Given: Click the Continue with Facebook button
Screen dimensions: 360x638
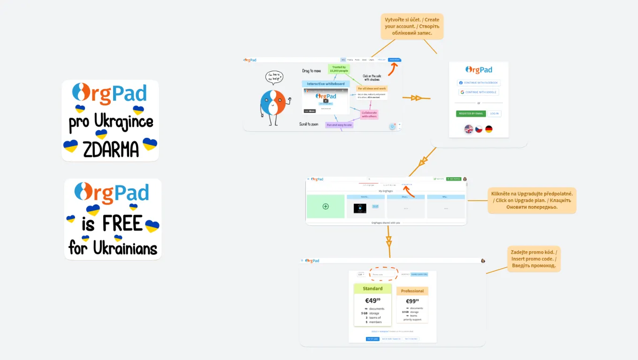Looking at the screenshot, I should pyautogui.click(x=478, y=82).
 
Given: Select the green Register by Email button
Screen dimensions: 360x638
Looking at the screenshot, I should pyautogui.click(x=471, y=113).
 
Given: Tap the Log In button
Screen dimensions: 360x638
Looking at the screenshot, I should pyautogui.click(x=494, y=113).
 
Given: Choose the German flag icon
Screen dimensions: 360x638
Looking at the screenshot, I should pyautogui.click(x=489, y=129).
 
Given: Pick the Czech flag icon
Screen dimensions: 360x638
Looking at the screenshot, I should pyautogui.click(x=478, y=129).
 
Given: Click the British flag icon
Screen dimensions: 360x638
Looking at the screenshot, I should pyautogui.click(x=468, y=129).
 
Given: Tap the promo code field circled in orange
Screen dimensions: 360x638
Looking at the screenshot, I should pyautogui.click(x=383, y=274).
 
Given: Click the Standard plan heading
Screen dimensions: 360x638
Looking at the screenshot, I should pyautogui.click(x=372, y=289).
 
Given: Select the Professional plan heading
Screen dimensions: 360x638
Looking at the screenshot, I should pyautogui.click(x=412, y=291).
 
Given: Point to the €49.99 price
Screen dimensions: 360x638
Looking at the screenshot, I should pyautogui.click(x=372, y=300).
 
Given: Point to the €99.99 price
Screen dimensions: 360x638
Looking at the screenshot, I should pyautogui.click(x=412, y=301).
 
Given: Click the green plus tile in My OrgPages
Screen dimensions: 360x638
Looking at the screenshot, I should pyautogui.click(x=326, y=206).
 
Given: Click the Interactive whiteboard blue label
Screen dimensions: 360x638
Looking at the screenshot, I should pyautogui.click(x=326, y=84).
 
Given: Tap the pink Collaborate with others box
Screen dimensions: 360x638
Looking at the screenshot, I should pyautogui.click(x=369, y=114).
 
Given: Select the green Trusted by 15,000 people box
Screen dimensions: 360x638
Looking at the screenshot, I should pyautogui.click(x=339, y=69).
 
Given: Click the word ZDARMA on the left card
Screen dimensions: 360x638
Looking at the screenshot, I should pyautogui.click(x=111, y=149).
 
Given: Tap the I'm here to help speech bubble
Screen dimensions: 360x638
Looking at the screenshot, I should pyautogui.click(x=274, y=76).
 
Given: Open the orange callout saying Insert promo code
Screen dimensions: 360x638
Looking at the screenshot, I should pyautogui.click(x=533, y=259).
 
